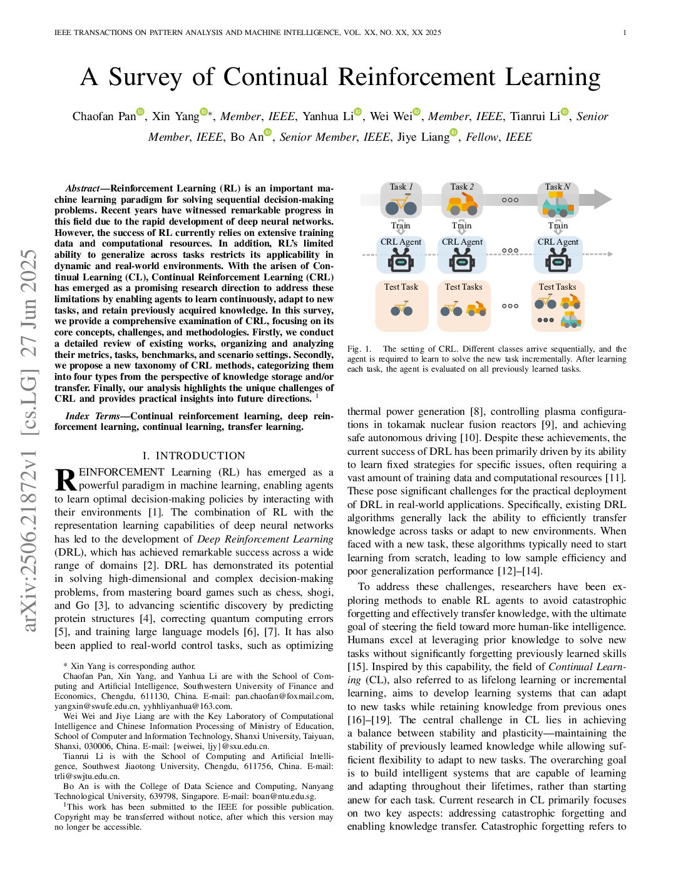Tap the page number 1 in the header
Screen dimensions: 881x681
click(625, 33)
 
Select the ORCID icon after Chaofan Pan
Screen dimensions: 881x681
click(140, 112)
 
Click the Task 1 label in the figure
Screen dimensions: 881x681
click(401, 186)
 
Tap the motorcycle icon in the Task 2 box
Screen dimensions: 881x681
click(463, 204)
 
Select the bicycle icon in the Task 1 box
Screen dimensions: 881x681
click(401, 205)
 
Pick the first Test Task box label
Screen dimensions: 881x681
click(401, 287)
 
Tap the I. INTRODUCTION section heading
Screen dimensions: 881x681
click(194, 456)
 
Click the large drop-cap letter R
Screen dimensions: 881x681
click(66, 480)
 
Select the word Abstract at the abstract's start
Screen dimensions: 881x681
click(82, 188)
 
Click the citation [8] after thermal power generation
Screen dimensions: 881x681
click(478, 412)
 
